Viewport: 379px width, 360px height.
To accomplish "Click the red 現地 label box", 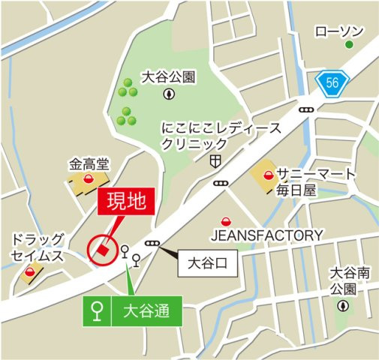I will point(125,202).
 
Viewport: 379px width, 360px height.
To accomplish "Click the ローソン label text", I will point(339,31).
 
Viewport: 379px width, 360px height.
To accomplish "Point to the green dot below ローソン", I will point(349,46).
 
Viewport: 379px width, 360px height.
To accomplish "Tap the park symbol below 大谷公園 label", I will point(169,94).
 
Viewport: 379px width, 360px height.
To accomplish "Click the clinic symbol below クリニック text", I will point(215,160).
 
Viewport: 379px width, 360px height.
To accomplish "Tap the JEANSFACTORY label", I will point(266,235).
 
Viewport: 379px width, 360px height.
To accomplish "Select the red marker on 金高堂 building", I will point(89,178).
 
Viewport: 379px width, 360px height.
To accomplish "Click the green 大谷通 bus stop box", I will point(131,310).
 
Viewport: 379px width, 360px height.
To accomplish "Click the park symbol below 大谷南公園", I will point(343,305).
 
